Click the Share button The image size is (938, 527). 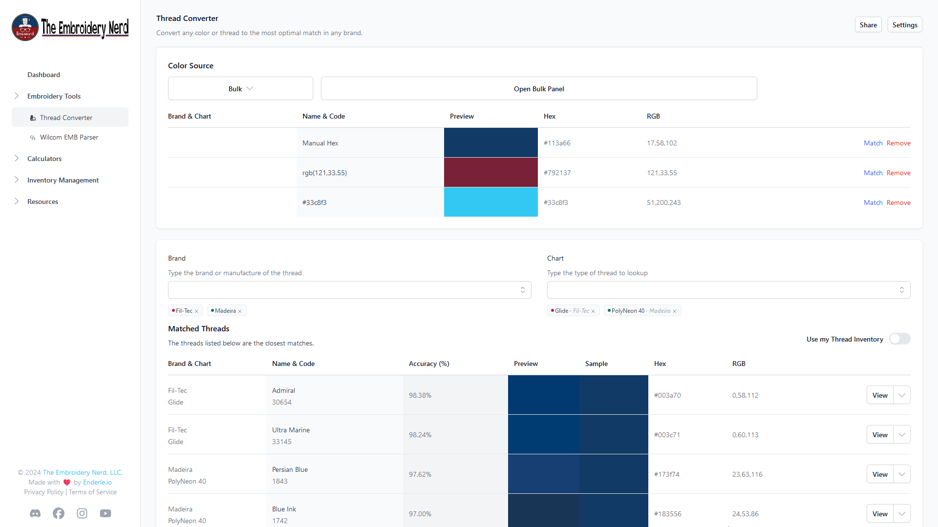868,25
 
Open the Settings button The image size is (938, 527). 904,25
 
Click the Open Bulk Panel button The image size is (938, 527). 538,89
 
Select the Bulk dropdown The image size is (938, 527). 240,89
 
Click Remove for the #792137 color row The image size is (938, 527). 898,173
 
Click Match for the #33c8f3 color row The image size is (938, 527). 873,203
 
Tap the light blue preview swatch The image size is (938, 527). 490,202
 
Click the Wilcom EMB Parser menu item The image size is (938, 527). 69,137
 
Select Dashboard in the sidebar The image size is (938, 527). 43,75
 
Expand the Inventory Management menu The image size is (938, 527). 63,180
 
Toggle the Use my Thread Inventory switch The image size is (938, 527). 899,339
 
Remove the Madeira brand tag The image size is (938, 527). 240,311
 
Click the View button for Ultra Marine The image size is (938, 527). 879,435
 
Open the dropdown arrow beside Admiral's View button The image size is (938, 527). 902,395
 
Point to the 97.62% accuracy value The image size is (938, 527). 420,474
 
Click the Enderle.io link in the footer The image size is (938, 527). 97,482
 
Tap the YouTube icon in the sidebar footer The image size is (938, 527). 106,513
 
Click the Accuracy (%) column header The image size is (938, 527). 428,364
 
